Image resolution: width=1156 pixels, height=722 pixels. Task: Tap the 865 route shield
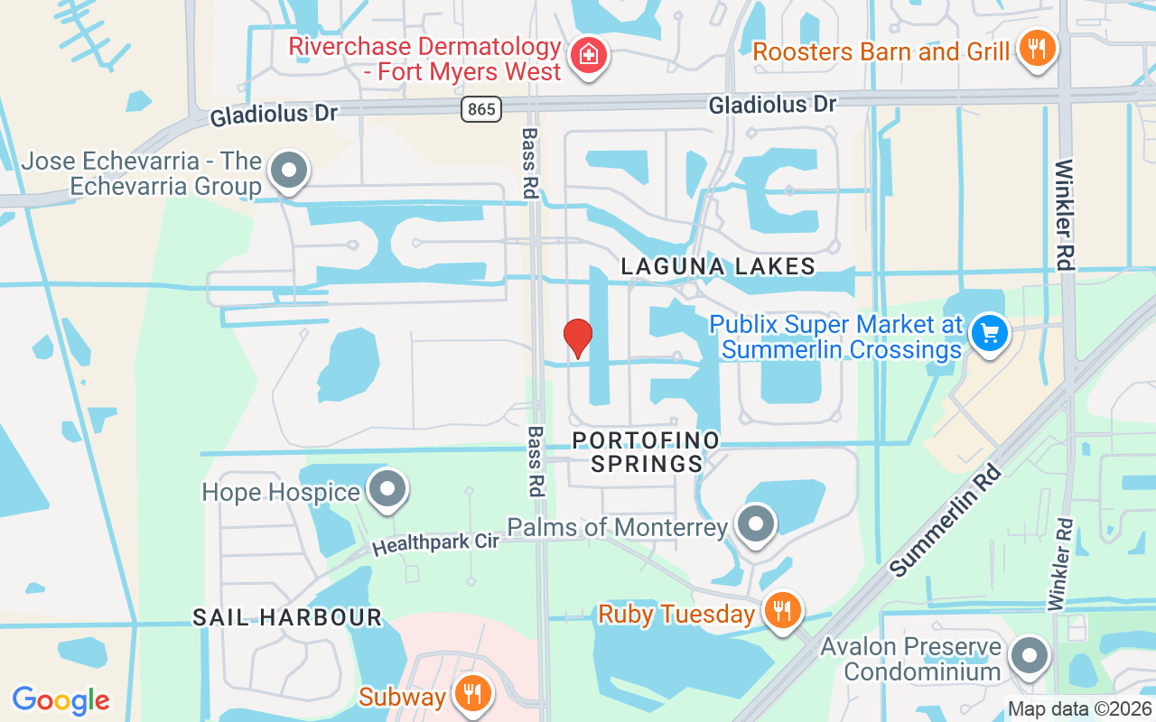click(x=480, y=109)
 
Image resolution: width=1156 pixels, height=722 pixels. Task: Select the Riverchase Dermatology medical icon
click(x=589, y=54)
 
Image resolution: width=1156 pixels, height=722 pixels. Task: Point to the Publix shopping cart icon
click(x=990, y=334)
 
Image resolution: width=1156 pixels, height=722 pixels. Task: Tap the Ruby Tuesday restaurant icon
click(x=782, y=611)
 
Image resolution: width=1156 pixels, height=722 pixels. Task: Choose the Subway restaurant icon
click(x=471, y=694)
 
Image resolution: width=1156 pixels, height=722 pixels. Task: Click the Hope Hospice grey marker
click(x=389, y=489)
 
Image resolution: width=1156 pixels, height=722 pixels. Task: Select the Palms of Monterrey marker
click(x=756, y=523)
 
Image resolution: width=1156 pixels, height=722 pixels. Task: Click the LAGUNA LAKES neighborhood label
click(x=719, y=266)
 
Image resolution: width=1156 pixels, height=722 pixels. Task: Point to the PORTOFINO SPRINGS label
click(x=648, y=452)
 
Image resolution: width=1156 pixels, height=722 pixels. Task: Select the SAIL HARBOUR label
click(x=287, y=617)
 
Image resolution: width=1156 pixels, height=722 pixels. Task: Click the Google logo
click(x=61, y=700)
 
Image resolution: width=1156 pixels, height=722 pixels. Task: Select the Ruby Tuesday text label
click(x=676, y=615)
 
